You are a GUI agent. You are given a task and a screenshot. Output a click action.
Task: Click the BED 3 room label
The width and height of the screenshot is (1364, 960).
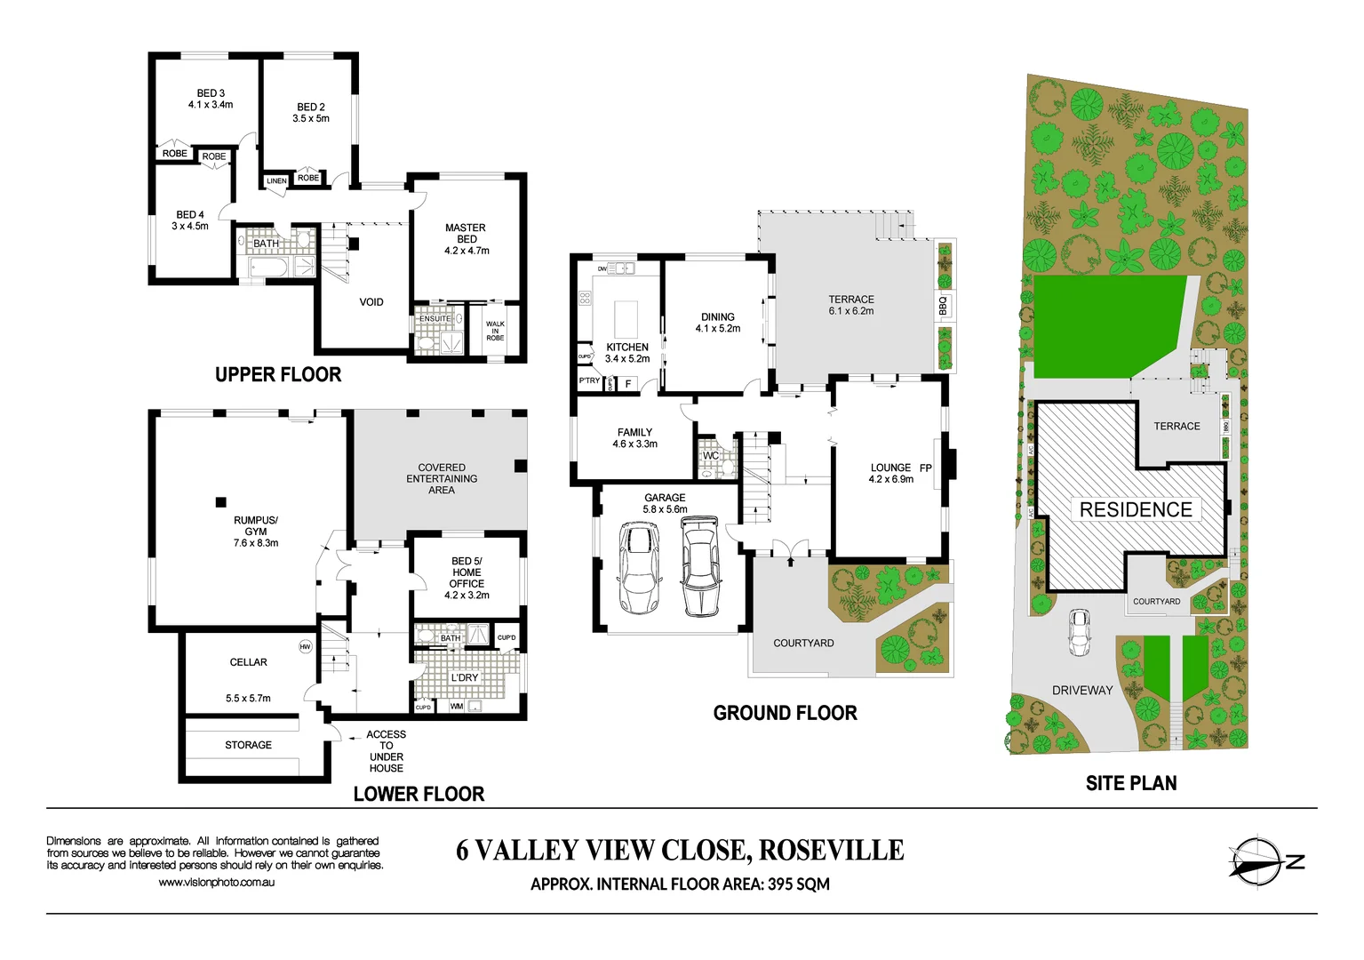point(211,93)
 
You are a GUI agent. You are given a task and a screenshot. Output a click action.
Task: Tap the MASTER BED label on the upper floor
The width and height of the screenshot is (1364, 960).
point(466,233)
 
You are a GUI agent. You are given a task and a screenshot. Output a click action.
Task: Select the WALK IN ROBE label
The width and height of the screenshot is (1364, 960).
point(495,331)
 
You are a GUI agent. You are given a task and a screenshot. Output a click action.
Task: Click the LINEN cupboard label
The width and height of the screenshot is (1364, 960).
point(276,181)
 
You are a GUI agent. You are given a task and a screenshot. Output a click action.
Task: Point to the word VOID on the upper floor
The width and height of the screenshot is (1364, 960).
point(371,302)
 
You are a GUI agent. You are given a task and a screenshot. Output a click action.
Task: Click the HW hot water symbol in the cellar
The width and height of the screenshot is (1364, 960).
point(306,646)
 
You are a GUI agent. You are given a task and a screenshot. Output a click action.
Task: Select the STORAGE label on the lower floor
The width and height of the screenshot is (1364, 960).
point(248,745)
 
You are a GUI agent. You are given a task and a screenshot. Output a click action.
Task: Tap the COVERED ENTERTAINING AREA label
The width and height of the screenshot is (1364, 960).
point(442,478)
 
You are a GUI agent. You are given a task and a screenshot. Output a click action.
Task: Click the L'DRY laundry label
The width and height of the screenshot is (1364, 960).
point(464,677)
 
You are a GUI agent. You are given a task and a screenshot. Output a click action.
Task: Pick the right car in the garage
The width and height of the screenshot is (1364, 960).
point(700,566)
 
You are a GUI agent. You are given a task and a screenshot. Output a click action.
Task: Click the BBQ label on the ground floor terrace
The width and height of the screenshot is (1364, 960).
point(943,305)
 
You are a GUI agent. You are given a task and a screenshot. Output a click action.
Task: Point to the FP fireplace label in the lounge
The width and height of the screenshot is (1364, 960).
point(926,468)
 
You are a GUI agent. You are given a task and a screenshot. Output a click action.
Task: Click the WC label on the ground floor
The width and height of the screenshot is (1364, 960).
point(711,456)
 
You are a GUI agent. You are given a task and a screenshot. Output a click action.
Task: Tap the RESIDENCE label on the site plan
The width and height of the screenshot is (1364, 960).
point(1136,509)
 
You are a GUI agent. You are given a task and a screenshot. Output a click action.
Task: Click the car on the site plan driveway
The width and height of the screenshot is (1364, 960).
point(1079,631)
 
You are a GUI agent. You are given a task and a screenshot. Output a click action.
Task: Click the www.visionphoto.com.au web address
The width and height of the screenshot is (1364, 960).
point(216,883)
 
